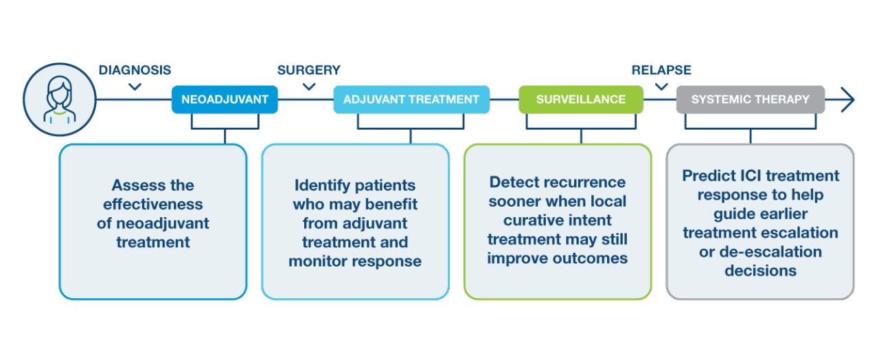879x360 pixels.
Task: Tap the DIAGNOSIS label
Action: tap(135, 70)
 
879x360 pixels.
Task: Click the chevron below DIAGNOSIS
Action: tap(135, 87)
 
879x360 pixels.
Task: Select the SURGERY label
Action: tap(309, 70)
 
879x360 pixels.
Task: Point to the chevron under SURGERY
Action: tap(309, 87)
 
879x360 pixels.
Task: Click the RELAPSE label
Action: tap(661, 70)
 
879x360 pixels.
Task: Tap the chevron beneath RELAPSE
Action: tap(661, 87)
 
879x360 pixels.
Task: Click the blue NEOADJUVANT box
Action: tap(225, 100)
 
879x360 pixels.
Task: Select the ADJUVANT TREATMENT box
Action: tap(411, 100)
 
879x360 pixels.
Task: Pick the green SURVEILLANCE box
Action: tap(581, 100)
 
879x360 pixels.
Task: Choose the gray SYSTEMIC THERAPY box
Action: tap(751, 100)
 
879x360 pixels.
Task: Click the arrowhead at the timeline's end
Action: tap(848, 100)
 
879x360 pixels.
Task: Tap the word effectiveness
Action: tap(153, 205)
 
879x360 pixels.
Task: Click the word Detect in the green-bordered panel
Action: tap(514, 182)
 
